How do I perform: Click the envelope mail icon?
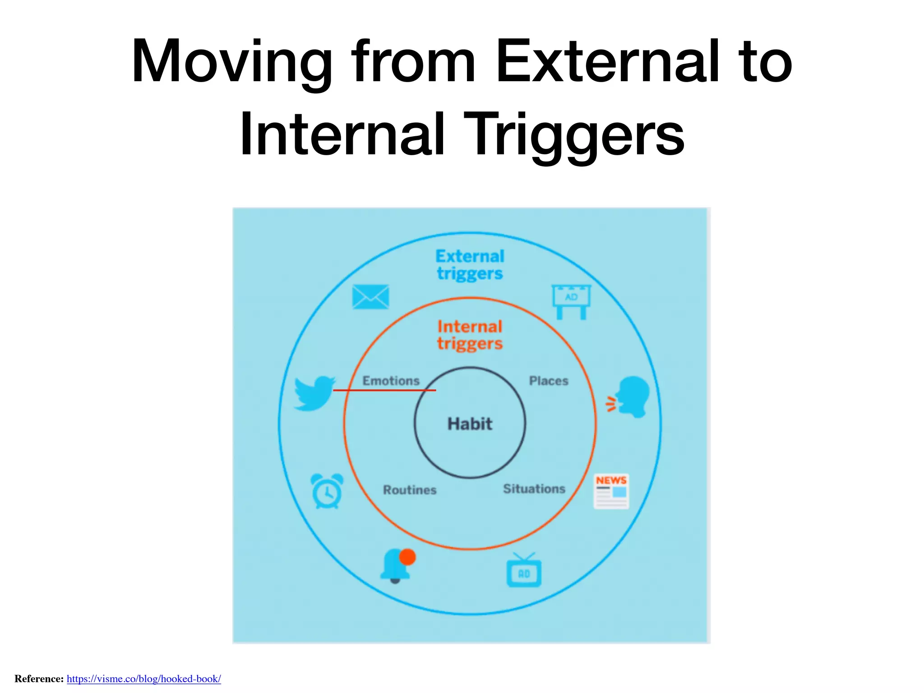click(x=370, y=297)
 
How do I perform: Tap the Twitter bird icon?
click(x=314, y=393)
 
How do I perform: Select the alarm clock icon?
click(x=327, y=491)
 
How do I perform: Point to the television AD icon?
click(x=524, y=571)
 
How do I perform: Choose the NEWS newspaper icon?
click(x=611, y=491)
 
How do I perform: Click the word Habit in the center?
click(x=470, y=424)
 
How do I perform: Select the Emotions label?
click(x=391, y=381)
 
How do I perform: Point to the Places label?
click(x=548, y=381)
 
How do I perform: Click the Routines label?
click(x=410, y=490)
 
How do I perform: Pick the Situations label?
click(x=534, y=489)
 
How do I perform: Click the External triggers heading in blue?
click(x=470, y=265)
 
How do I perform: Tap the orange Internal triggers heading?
click(x=470, y=335)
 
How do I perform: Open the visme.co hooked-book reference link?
click(x=144, y=679)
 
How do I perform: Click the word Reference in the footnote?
click(x=39, y=679)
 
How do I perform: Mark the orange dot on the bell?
click(x=407, y=557)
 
